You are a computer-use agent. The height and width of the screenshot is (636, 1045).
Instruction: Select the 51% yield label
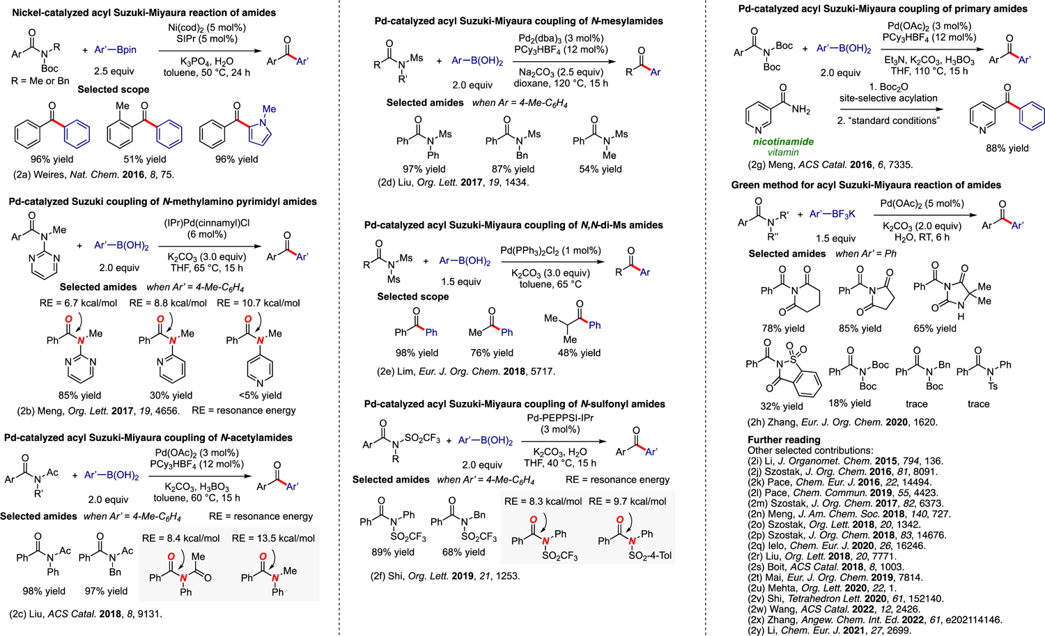click(144, 159)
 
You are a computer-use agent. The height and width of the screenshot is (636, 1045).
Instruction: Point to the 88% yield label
click(1007, 148)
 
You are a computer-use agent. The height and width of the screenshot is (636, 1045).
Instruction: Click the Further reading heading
click(784, 440)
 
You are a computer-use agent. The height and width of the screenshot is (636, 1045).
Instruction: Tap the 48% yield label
click(579, 352)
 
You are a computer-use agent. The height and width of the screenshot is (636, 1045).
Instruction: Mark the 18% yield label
click(849, 403)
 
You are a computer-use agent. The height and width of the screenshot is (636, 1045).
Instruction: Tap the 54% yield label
click(600, 169)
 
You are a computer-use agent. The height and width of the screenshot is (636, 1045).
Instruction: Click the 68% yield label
click(463, 552)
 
